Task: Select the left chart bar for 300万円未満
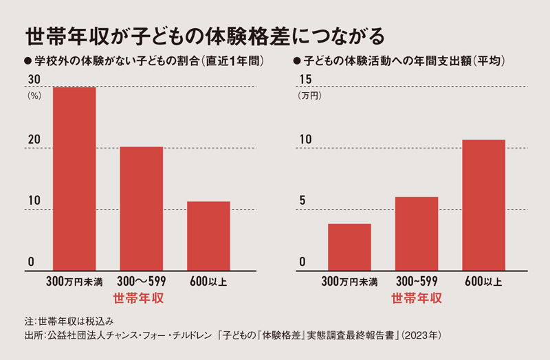[74, 179]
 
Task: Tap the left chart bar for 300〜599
[142, 209]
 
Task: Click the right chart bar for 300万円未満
[349, 247]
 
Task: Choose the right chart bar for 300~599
[417, 234]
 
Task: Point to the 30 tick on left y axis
[33, 80]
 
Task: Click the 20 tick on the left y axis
[33, 141]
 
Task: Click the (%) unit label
[34, 96]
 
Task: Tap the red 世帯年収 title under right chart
[416, 299]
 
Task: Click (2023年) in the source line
[426, 336]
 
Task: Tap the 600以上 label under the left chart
[208, 281]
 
